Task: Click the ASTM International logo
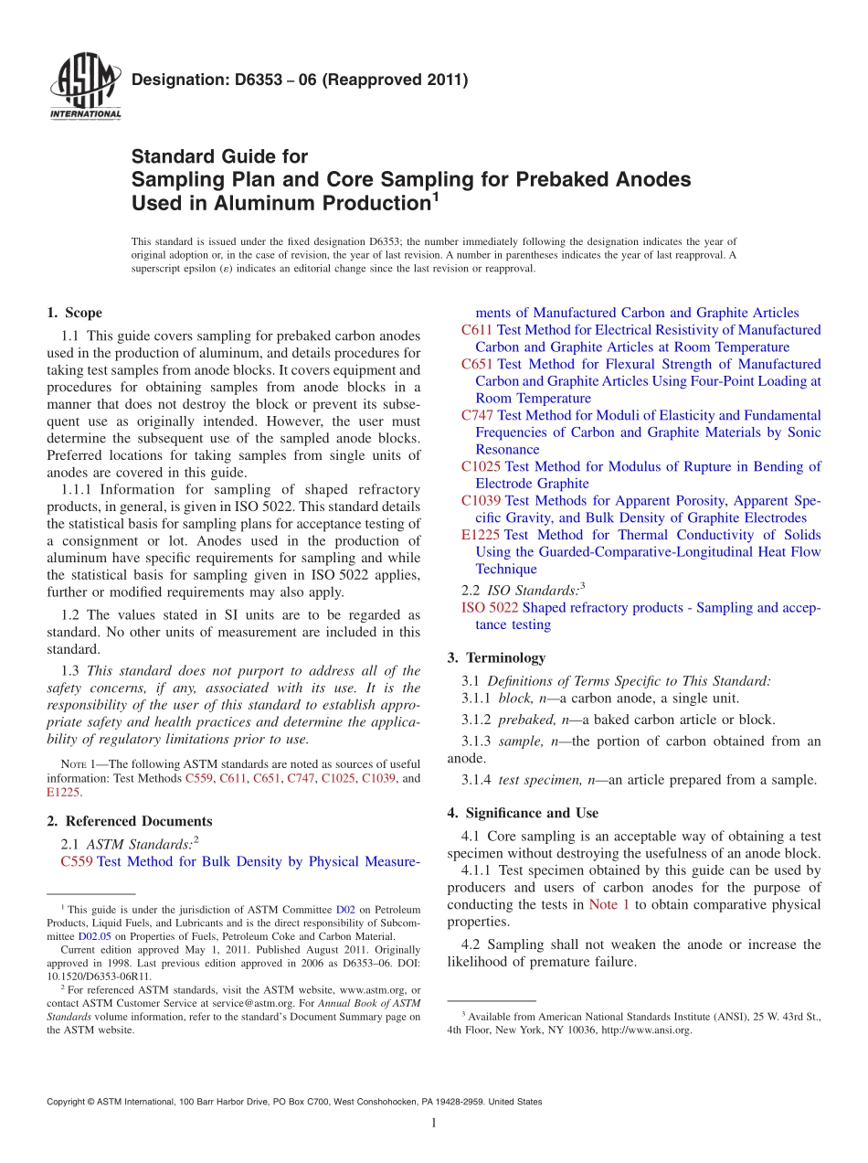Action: (x=84, y=87)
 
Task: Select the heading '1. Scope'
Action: (x=75, y=313)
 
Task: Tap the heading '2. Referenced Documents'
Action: (x=130, y=821)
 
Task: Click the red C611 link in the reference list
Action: (x=478, y=330)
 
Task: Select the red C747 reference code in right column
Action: (x=478, y=415)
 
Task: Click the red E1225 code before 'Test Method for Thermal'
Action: (x=481, y=535)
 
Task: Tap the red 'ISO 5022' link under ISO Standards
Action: (x=490, y=608)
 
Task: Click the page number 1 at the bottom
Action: (x=434, y=1123)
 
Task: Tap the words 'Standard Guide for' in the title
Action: (x=220, y=156)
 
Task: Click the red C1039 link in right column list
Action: (x=482, y=501)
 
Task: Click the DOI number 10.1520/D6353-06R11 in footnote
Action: (x=88, y=976)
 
